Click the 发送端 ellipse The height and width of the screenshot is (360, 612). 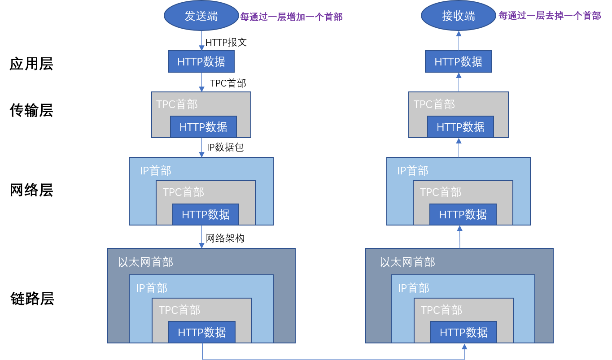pyautogui.click(x=201, y=16)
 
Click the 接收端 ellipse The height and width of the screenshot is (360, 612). pyautogui.click(x=458, y=16)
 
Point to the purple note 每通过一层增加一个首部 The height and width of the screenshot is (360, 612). pyautogui.click(x=291, y=17)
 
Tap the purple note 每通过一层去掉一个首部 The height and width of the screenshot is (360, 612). pyautogui.click(x=549, y=16)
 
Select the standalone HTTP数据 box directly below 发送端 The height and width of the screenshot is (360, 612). pyautogui.click(x=201, y=61)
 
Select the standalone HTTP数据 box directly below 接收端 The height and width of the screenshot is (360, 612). pyautogui.click(x=458, y=61)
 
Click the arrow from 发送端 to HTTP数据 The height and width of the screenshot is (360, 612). pyautogui.click(x=201, y=41)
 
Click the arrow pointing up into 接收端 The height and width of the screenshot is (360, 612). pyautogui.click(x=459, y=40)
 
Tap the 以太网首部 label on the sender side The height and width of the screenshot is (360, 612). pyautogui.click(x=145, y=262)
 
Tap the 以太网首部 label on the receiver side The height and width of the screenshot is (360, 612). pyautogui.click(x=407, y=262)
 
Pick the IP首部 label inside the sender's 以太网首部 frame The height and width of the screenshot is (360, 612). pyautogui.click(x=152, y=288)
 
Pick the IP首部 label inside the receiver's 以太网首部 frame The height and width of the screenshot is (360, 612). pyautogui.click(x=414, y=288)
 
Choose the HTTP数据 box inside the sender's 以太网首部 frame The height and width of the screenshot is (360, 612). pyautogui.click(x=202, y=332)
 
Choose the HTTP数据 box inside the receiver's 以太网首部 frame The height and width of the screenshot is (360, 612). pyautogui.click(x=463, y=332)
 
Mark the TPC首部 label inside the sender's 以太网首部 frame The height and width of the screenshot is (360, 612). pyautogui.click(x=179, y=310)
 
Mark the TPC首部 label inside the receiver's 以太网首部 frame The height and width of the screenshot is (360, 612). pyautogui.click(x=441, y=310)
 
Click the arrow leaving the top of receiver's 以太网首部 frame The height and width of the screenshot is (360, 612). pyautogui.click(x=459, y=237)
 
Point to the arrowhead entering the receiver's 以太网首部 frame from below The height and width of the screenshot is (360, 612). pyautogui.click(x=464, y=347)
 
